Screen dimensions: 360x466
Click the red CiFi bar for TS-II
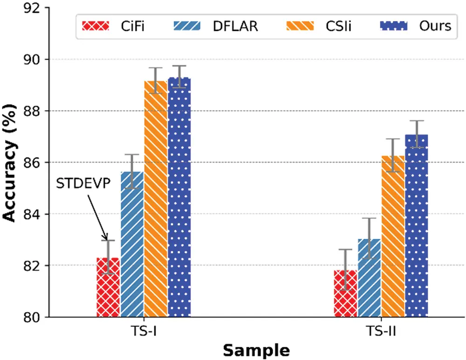point(345,293)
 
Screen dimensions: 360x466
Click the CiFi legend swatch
point(96,26)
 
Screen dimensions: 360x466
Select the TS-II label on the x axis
point(381,332)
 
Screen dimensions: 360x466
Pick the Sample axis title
point(255,350)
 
